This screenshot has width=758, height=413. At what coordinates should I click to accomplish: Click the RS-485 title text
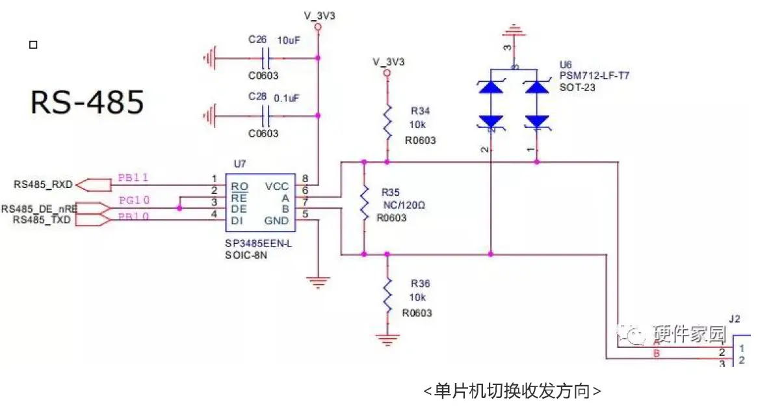coord(87,102)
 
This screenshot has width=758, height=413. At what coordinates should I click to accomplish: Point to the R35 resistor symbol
coord(364,206)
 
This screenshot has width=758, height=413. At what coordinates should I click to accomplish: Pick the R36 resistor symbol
coord(387,293)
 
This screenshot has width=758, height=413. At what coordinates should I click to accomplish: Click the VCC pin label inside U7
coord(277,187)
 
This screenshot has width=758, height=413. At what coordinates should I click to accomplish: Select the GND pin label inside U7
coord(277,220)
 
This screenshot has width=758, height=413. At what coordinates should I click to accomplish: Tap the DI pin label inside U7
coord(238,220)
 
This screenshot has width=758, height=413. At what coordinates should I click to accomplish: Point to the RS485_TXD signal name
coord(39,220)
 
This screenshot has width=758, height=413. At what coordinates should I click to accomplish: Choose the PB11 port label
coord(134,178)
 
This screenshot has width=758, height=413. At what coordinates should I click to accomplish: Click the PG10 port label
coord(134,200)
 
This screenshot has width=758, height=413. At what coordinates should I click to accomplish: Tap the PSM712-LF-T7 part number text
coord(594,76)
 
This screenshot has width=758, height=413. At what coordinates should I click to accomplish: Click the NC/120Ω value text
coord(403,205)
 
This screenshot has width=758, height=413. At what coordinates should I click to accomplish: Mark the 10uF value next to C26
coord(289,40)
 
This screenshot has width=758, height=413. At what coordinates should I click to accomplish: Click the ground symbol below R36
coord(387,338)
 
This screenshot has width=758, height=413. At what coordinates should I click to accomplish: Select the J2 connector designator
coord(735,319)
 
